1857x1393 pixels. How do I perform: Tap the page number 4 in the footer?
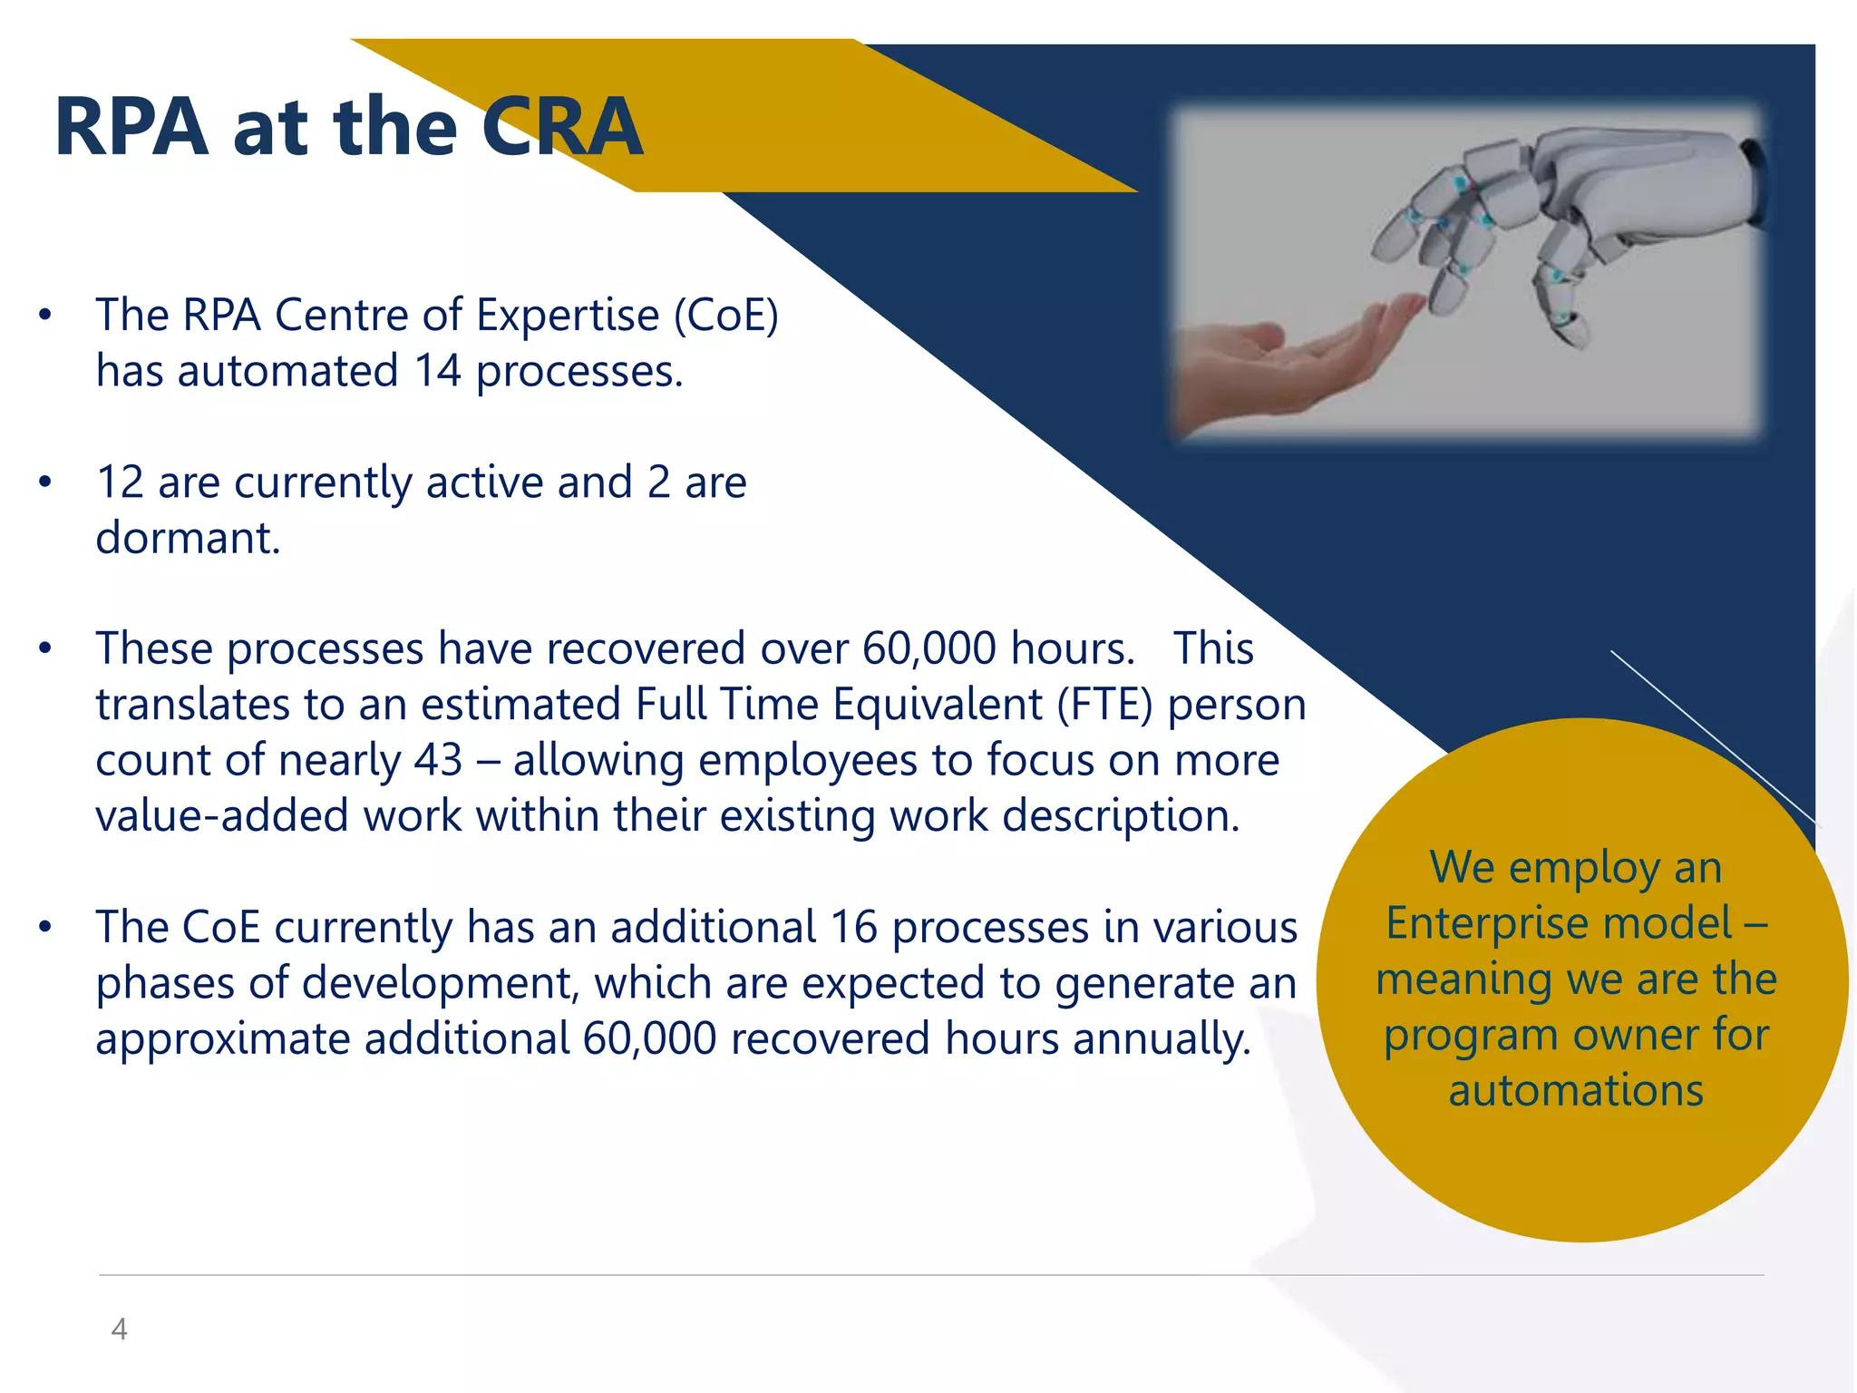coord(119,1330)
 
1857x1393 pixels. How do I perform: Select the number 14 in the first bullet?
coord(437,371)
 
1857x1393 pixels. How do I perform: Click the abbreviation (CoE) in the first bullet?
coord(725,316)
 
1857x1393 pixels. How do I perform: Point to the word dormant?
coord(188,538)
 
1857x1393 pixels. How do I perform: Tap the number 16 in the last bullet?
coord(853,927)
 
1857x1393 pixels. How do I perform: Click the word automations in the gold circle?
coord(1576,1090)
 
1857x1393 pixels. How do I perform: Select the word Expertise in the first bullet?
coord(568,316)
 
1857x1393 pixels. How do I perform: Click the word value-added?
coord(222,816)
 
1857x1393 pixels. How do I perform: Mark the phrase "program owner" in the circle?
coord(1532,1035)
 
